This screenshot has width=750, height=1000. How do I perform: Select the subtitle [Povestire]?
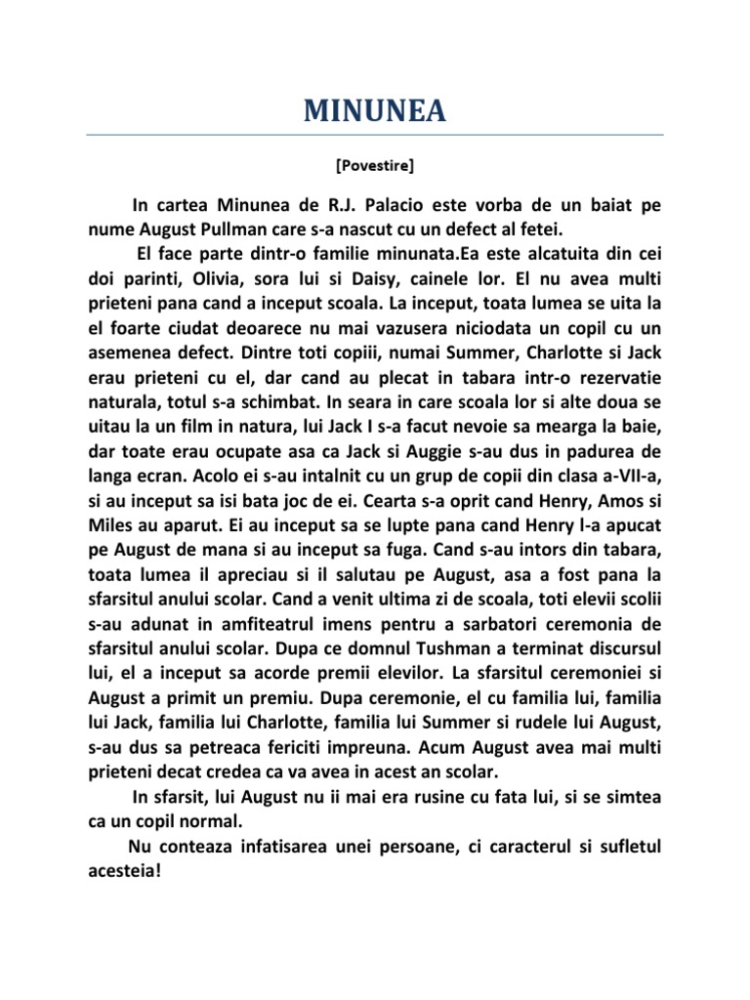point(374,166)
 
